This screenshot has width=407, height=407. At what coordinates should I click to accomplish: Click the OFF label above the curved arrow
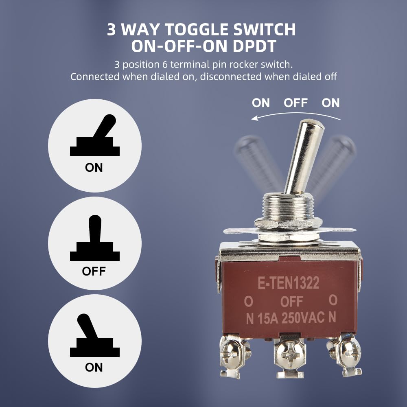[295, 103]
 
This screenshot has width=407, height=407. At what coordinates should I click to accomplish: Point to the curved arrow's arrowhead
[254, 118]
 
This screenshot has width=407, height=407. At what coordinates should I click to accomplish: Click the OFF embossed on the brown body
[292, 302]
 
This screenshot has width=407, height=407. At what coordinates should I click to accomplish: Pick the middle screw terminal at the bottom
[289, 350]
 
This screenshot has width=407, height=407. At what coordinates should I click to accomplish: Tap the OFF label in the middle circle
[94, 271]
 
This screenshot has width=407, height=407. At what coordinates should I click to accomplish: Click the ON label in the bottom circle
[94, 368]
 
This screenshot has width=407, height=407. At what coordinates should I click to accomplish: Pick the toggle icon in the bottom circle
[94, 336]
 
